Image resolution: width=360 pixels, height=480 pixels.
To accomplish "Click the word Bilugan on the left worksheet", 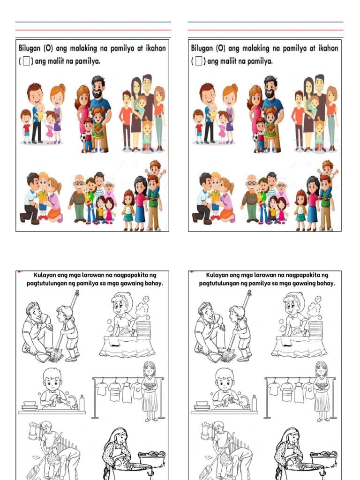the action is (30, 48).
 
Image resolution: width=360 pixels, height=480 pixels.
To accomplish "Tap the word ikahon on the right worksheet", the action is (328, 48).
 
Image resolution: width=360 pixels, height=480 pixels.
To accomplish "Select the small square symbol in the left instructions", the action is (26, 61).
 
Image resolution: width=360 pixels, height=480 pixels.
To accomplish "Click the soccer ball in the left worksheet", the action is (83, 138).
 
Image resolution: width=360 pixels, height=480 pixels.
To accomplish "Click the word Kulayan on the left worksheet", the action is (45, 275).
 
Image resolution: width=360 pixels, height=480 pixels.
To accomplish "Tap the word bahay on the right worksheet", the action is (327, 284).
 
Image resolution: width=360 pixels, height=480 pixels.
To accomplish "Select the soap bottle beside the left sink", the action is (82, 403).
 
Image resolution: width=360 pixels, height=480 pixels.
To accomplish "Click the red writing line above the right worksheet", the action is (265, 30).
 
